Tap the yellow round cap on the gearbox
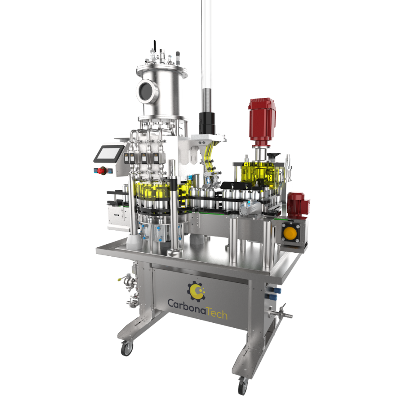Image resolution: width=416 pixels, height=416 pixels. tap(290, 233)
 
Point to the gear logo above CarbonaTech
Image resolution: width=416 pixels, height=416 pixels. tap(196, 291)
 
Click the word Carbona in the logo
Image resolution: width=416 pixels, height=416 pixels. tap(187, 305)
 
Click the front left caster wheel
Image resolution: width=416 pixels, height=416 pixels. tap(127, 348)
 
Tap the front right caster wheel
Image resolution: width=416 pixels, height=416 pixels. tap(243, 386)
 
